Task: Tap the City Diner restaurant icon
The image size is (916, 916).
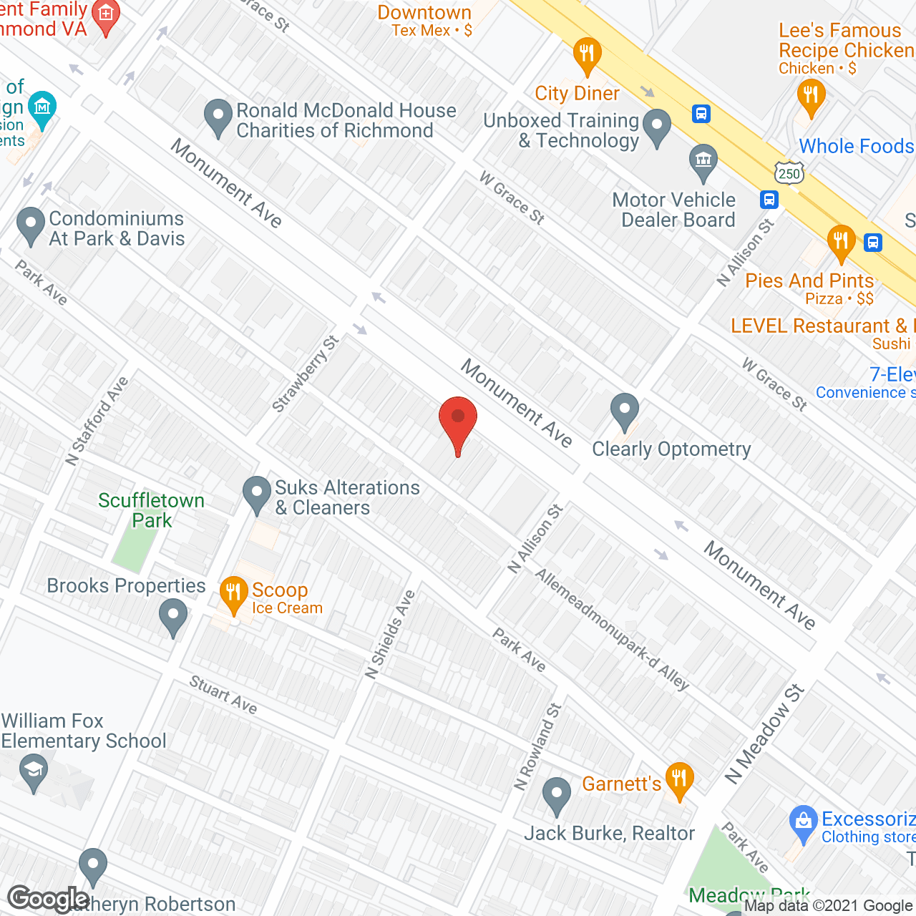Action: (x=587, y=54)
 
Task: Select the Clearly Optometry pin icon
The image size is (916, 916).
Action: (x=625, y=411)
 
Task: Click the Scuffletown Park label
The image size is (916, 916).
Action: (x=151, y=510)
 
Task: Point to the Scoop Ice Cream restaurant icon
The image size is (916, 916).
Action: (x=233, y=593)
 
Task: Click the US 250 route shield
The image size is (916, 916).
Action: (x=789, y=172)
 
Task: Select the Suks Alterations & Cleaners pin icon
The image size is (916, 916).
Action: (x=257, y=494)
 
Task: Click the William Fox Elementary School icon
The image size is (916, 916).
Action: (x=34, y=772)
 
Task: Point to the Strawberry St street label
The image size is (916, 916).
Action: (x=306, y=374)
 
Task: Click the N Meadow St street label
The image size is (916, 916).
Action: (x=764, y=734)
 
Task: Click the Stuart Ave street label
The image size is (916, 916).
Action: (x=223, y=695)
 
